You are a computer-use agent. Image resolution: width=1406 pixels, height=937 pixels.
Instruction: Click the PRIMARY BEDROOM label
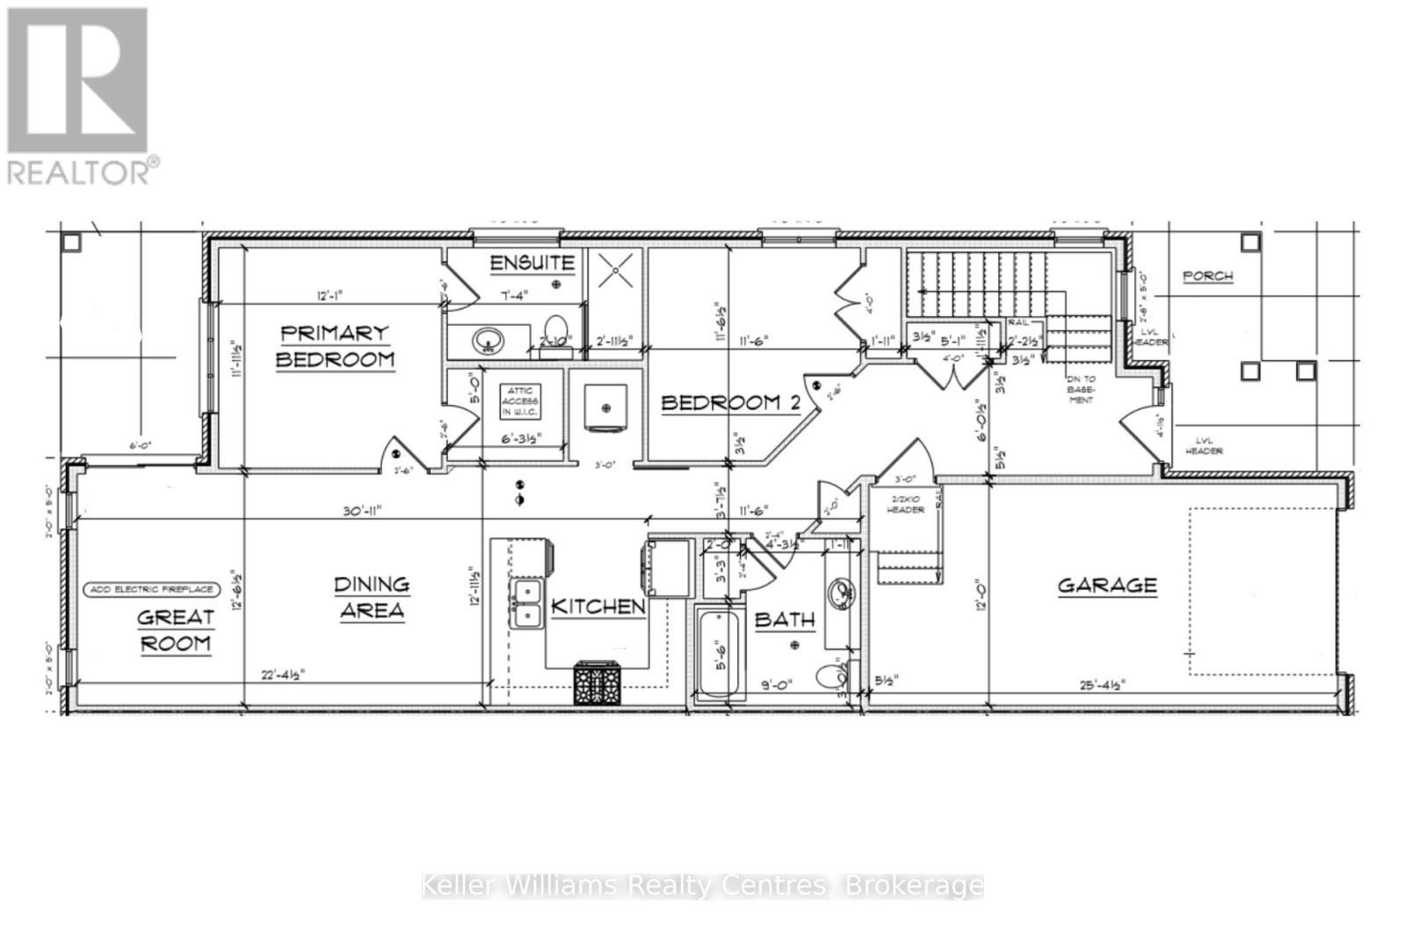point(335,346)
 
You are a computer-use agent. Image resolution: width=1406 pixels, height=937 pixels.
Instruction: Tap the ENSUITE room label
point(533,262)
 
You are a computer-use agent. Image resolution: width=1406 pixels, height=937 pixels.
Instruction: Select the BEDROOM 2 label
point(730,403)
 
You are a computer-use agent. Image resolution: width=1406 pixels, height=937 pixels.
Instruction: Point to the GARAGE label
point(1106,585)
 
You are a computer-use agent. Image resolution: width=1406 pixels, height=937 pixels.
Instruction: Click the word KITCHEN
point(598,606)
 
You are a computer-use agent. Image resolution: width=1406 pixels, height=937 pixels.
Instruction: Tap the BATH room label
point(785,620)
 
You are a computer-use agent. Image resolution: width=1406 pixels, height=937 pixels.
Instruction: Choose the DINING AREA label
point(372,597)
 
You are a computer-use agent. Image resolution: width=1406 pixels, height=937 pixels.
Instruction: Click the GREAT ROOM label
point(175,630)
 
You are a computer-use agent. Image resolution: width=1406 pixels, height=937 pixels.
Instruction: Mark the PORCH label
point(1207,276)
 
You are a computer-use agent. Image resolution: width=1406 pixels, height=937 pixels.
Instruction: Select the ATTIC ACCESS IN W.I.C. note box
point(519,400)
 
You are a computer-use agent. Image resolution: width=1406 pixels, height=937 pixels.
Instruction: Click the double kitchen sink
point(527,604)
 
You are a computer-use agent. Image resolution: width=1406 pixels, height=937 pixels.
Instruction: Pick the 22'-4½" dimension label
point(283,675)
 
